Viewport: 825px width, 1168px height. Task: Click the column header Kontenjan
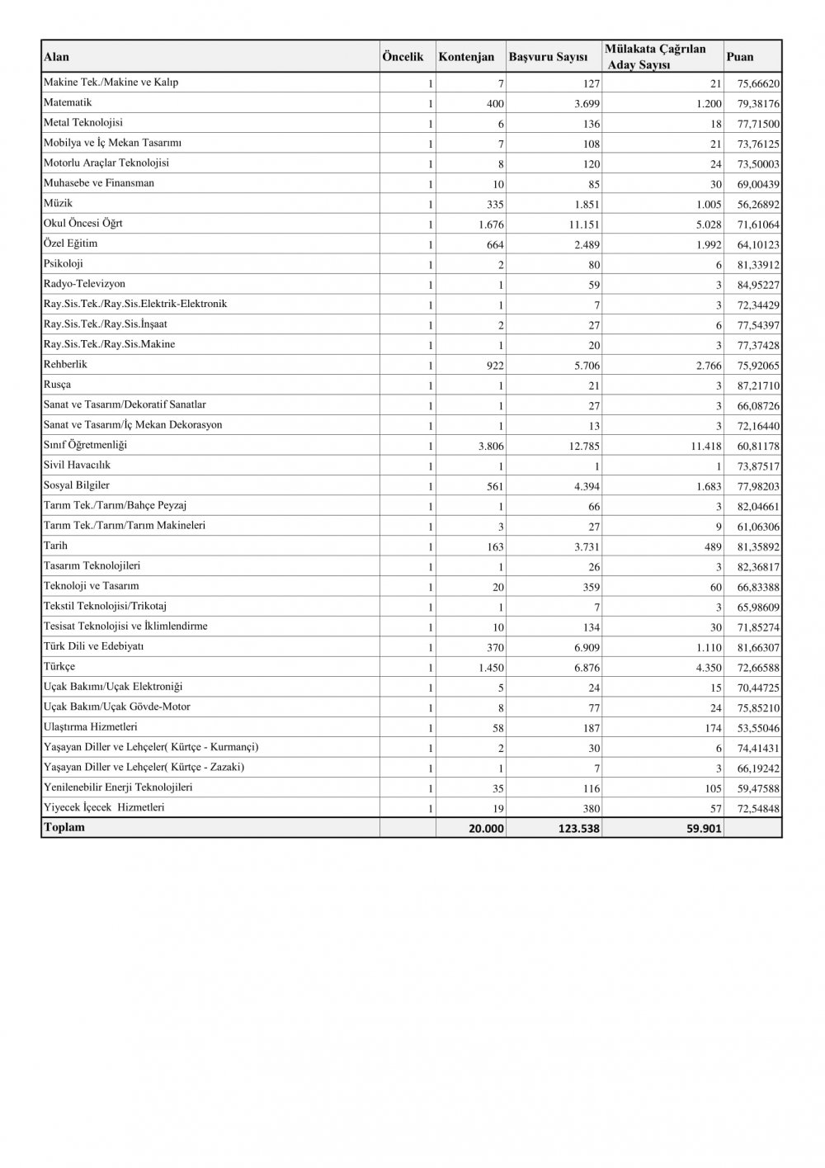pos(466,57)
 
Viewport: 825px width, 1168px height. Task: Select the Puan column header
pos(740,57)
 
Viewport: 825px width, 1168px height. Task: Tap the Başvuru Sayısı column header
pos(548,57)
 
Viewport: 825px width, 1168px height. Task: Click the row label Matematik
pos(68,103)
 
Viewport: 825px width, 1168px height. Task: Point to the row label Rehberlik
pos(65,365)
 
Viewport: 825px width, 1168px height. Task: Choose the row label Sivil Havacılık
pos(77,466)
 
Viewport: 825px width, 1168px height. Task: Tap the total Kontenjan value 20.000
pos(486,829)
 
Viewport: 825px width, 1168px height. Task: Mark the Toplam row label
pos(64,828)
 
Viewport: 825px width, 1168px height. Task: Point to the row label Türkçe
pos(59,667)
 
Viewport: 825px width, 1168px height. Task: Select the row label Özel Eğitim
pos(70,244)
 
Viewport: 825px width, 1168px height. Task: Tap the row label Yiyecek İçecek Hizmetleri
pos(104,808)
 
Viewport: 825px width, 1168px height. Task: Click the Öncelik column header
pos(403,57)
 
